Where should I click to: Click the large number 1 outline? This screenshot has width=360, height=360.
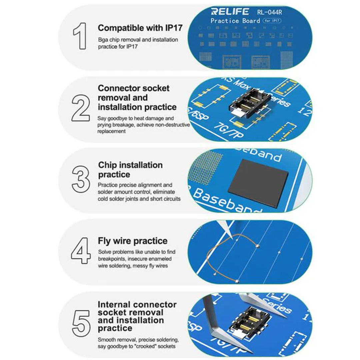coord(80,36)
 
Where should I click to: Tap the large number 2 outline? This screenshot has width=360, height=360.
coord(81,108)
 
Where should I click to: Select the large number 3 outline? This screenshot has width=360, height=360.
coord(81,179)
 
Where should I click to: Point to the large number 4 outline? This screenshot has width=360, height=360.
coord(81,251)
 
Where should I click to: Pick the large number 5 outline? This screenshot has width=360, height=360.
coord(81,323)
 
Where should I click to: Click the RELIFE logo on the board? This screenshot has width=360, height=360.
coord(230,12)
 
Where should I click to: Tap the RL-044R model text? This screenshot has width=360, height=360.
coord(269,13)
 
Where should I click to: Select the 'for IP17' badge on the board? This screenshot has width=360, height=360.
coord(272,21)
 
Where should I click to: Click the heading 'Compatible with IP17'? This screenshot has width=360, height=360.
coord(140,28)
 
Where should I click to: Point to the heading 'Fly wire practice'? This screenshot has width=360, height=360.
coord(133,241)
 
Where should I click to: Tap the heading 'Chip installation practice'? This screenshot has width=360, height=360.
coord(130,170)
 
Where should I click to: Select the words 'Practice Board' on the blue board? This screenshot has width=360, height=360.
coord(235,21)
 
